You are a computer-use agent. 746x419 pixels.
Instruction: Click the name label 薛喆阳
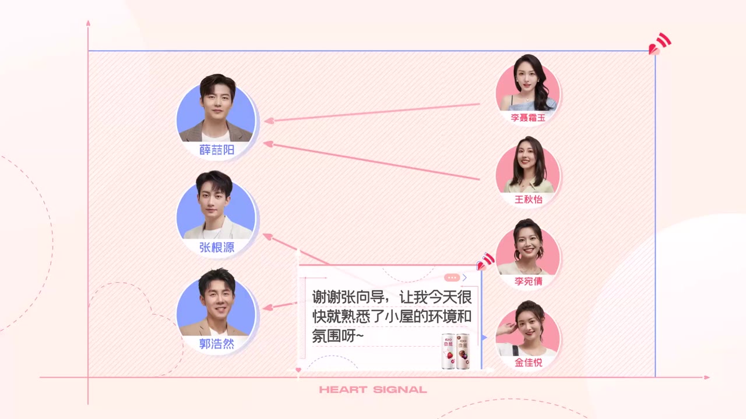coord(217,150)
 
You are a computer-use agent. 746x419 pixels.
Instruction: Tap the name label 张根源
coord(217,247)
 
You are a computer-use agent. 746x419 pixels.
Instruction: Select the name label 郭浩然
coord(217,344)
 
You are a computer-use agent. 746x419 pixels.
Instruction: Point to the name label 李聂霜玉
coord(528,118)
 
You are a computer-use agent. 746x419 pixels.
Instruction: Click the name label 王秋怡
coord(529,200)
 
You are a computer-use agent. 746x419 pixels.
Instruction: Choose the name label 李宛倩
coord(529,281)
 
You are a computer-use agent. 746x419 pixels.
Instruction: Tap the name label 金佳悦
coord(529,363)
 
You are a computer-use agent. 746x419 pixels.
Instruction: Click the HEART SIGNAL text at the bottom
coord(373,390)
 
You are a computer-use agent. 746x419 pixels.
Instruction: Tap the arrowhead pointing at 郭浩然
coord(268,308)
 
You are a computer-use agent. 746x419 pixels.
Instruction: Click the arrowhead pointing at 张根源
coord(268,237)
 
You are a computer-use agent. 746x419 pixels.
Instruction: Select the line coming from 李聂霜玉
coord(372,112)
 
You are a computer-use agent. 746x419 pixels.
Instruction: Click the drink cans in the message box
coord(456,351)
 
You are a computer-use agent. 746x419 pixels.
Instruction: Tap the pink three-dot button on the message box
coord(452,278)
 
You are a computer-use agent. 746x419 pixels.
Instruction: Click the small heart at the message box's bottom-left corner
coord(298,370)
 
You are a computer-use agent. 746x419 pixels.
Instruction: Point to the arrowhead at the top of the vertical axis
coord(88,23)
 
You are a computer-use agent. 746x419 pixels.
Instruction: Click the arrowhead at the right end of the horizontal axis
coord(707,378)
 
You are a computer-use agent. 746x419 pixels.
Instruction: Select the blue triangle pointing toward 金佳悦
coord(484,338)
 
